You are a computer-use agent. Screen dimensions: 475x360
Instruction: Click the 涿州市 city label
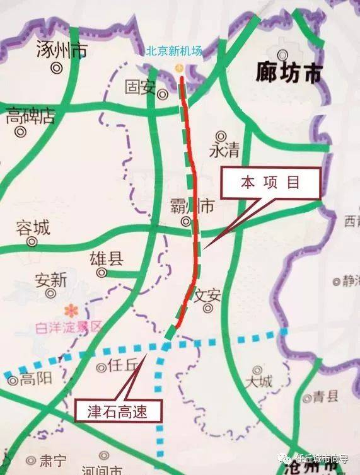62,51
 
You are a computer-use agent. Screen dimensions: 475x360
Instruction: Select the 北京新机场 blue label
174,51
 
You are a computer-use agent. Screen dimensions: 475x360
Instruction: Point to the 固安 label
139,86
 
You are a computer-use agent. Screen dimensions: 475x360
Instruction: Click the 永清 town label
224,151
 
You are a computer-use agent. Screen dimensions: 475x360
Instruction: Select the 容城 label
33,227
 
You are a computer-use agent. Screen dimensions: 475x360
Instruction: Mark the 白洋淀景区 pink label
69,326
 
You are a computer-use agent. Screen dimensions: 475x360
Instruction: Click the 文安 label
207,295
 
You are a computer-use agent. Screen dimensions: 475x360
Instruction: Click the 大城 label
259,382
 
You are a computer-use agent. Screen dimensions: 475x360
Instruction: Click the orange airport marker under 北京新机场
180,67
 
